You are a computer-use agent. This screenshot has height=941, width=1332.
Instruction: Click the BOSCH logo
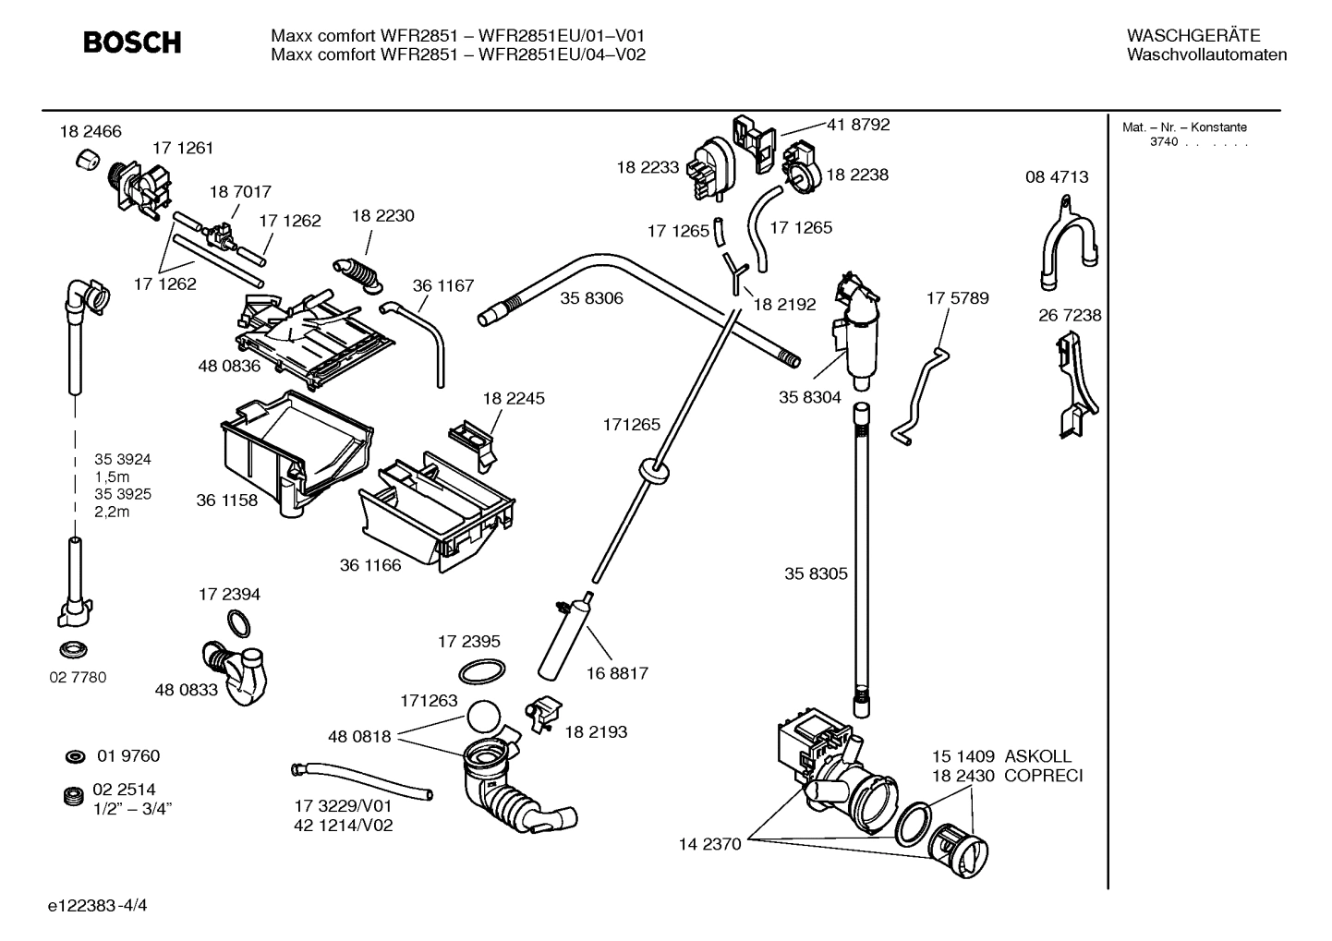point(132,42)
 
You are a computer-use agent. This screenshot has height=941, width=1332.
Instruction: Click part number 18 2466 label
point(90,132)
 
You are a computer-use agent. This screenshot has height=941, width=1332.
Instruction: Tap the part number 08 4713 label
point(1057,177)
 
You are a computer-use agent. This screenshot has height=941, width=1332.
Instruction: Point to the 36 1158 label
point(226,501)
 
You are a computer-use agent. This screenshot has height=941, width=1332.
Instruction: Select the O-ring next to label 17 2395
point(481,670)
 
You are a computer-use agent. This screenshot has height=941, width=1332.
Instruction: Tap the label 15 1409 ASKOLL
point(1001,756)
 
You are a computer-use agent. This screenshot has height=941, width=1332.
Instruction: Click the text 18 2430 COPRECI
point(1006,776)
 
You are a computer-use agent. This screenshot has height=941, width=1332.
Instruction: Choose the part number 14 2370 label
point(709,844)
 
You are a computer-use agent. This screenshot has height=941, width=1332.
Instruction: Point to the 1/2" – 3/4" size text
point(133,808)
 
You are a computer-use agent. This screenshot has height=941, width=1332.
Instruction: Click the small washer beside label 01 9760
point(75,757)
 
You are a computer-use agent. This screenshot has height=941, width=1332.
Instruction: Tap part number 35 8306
point(591,298)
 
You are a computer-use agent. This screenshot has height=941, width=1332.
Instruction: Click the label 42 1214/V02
point(344,826)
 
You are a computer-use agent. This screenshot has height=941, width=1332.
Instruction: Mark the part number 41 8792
point(857,125)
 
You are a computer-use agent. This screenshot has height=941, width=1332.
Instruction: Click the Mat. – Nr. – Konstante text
point(1184,127)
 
